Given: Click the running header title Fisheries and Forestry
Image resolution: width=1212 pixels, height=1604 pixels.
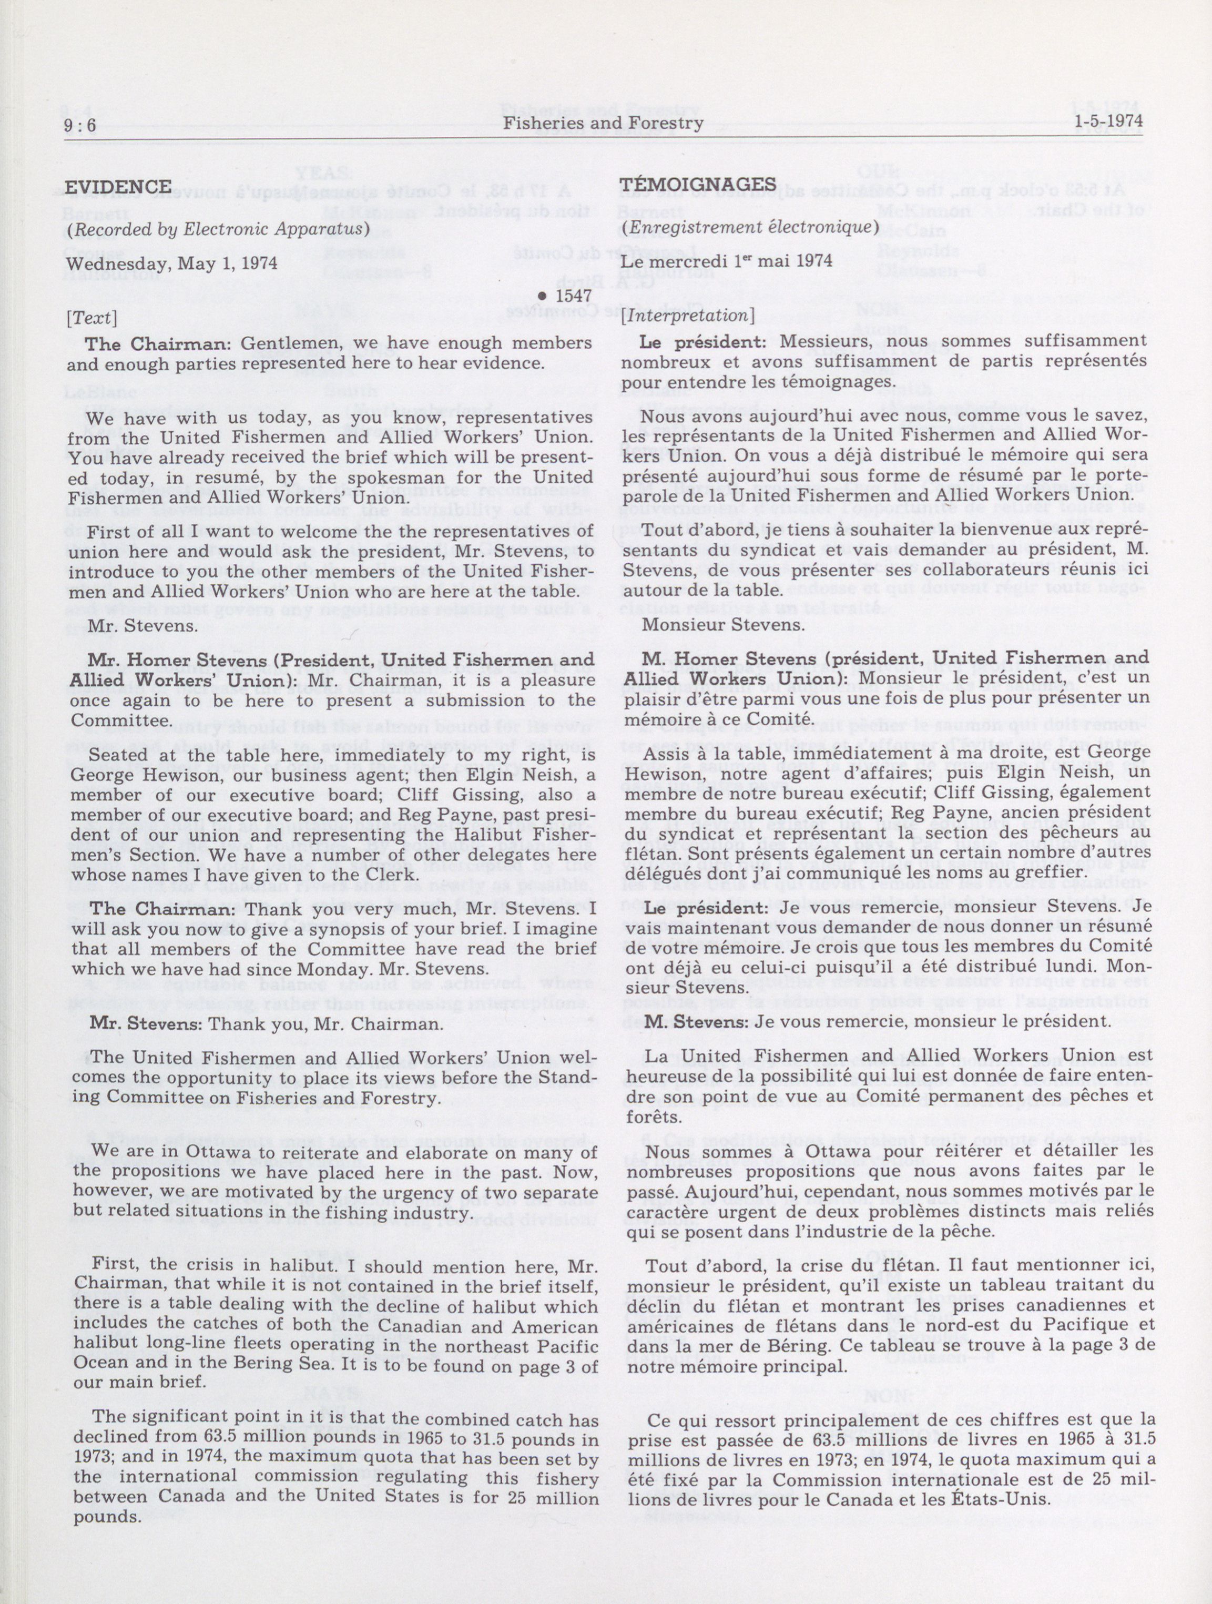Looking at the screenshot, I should click(603, 123).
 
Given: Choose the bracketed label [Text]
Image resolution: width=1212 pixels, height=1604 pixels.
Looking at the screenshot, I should click(91, 318).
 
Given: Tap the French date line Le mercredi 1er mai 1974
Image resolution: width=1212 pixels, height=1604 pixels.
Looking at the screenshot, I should click(726, 261).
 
